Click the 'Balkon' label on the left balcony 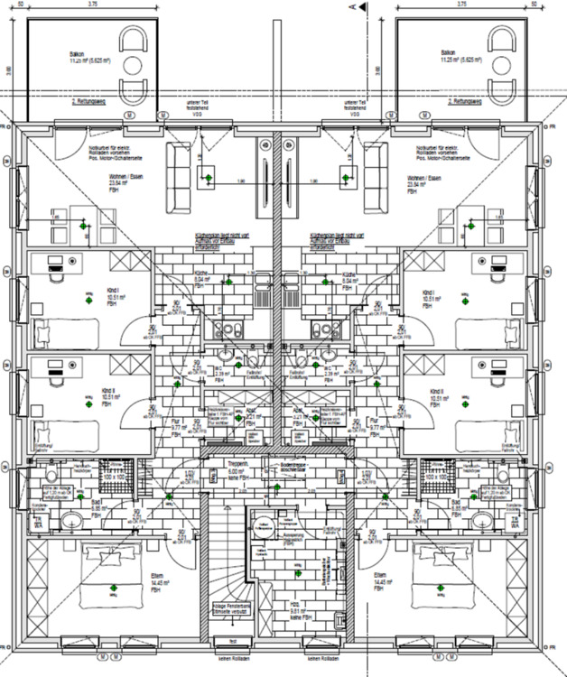(76, 54)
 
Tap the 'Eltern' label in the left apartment (156, 574)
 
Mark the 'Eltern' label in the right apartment (381, 574)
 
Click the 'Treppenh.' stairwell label (237, 461)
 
